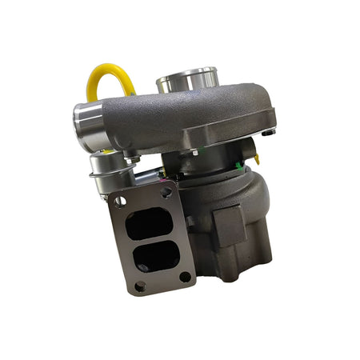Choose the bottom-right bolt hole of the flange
(185, 277)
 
